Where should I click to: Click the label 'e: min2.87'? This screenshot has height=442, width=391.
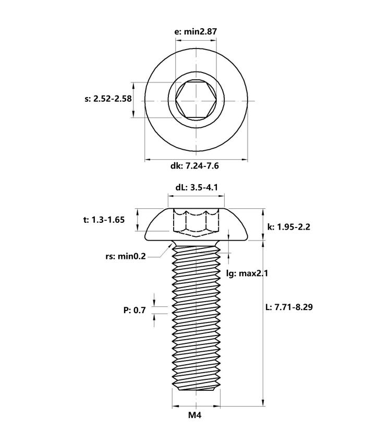196,31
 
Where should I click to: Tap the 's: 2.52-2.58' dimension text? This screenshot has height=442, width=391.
108,99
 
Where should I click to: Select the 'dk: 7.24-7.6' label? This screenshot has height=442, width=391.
194,165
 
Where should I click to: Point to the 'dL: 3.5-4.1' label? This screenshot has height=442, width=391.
197,187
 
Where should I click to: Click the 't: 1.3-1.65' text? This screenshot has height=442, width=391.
104,220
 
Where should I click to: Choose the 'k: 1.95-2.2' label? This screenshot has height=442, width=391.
289,226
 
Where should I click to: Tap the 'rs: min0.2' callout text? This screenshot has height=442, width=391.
126,256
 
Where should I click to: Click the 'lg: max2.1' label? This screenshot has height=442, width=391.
247,273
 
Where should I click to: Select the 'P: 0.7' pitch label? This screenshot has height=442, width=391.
135,310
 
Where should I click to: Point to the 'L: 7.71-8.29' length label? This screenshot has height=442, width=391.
289,307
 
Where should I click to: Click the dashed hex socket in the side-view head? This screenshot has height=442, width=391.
196,223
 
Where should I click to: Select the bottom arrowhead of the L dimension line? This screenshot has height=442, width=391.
263,402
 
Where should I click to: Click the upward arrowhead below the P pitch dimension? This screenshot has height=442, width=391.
154,318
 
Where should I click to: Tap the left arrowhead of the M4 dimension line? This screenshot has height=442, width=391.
176,406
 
